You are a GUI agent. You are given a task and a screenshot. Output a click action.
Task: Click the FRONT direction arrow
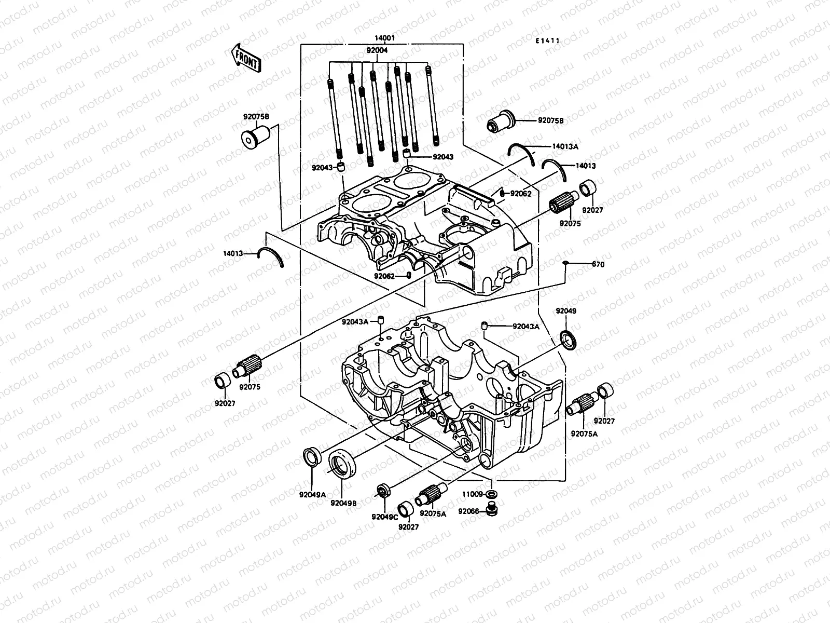click(x=246, y=58)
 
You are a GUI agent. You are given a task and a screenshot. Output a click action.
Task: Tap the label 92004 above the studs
click(x=377, y=50)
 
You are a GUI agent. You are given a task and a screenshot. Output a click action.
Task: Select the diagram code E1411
click(x=548, y=40)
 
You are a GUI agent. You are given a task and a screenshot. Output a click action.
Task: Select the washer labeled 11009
click(x=492, y=493)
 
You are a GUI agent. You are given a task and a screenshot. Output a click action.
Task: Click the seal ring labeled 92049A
click(x=312, y=458)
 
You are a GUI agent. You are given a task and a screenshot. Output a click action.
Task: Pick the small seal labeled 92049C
click(x=383, y=490)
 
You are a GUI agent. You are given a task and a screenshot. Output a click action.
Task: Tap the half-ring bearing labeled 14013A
click(x=520, y=152)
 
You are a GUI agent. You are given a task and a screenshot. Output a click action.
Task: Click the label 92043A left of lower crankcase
click(x=355, y=321)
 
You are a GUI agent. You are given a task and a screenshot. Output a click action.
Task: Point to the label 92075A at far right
click(x=584, y=434)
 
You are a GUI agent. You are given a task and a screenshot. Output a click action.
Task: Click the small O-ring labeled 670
click(x=565, y=264)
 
